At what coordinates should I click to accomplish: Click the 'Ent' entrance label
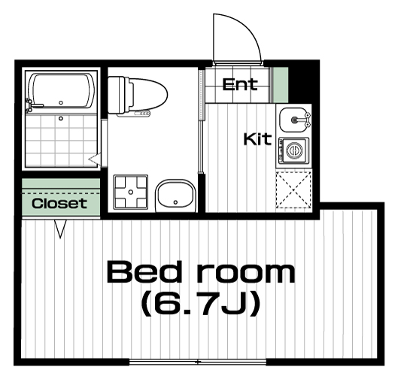coord(240,84)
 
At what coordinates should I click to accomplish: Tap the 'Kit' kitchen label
coord(257,139)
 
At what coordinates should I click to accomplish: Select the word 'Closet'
coord(59,204)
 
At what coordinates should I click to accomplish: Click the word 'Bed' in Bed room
coord(144,272)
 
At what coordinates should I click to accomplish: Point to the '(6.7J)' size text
coord(201,303)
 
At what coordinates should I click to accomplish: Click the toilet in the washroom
coord(138,96)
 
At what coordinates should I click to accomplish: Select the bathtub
coord(61,91)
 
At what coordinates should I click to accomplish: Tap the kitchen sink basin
coord(294,120)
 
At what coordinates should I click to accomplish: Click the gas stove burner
coord(294,150)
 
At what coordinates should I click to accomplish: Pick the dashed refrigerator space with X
coord(293,190)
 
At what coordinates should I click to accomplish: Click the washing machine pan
coord(131,192)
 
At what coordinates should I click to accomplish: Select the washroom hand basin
coord(176,195)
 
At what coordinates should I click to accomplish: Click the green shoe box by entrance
coord(281,85)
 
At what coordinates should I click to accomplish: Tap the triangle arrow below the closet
coord(60,229)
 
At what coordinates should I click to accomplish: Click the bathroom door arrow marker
coord(95,158)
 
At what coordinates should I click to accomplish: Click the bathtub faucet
coord(30,105)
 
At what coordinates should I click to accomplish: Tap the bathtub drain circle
coord(61,103)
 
